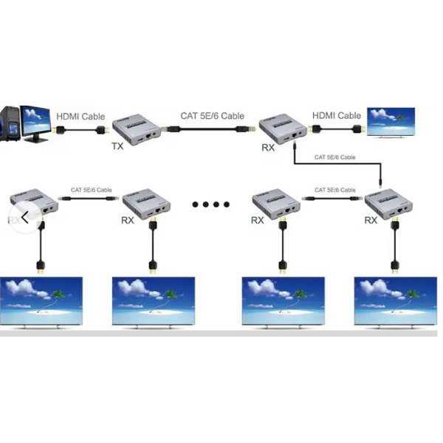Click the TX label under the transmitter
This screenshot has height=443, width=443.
pyautogui.click(x=117, y=146)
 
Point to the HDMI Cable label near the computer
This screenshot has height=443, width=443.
pyautogui.click(x=80, y=117)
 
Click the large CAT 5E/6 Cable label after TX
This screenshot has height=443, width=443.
pyautogui.click(x=213, y=116)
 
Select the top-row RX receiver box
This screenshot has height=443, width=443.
pyautogui.click(x=284, y=127)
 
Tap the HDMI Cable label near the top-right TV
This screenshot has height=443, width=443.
pyautogui.click(x=337, y=116)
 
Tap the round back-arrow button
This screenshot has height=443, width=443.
pyautogui.click(x=24, y=216)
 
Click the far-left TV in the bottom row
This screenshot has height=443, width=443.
pyautogui.click(x=42, y=301)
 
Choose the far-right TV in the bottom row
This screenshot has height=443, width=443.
pyautogui.click(x=394, y=301)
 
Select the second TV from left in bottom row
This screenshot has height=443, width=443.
pyautogui.click(x=153, y=301)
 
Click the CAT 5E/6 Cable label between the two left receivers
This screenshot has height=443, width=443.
pyautogui.click(x=92, y=190)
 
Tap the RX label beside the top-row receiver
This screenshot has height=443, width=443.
pyautogui.click(x=269, y=148)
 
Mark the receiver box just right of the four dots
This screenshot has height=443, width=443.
pyautogui.click(x=275, y=203)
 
